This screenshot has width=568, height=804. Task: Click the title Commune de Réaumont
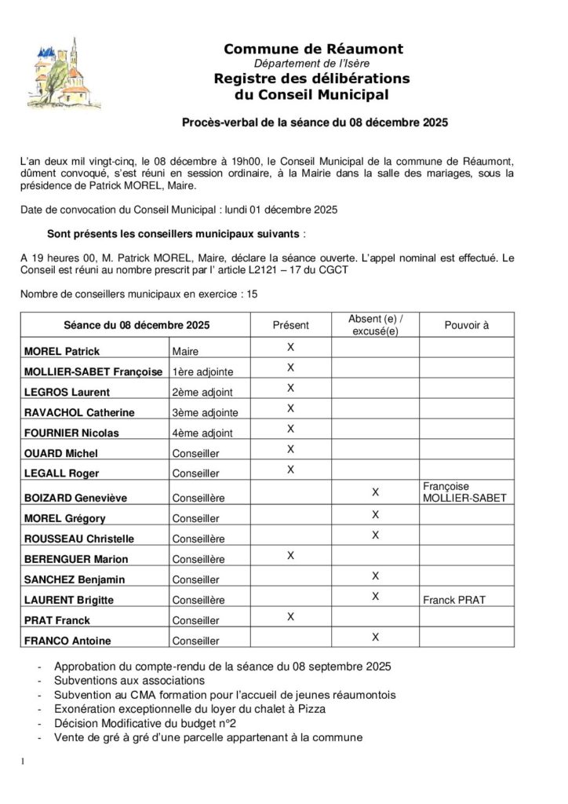[x=313, y=49]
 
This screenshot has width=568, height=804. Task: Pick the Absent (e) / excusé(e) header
[x=376, y=325]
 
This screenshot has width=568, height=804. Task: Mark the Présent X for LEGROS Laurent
[x=290, y=388]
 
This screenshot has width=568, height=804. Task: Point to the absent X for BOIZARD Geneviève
[x=376, y=492]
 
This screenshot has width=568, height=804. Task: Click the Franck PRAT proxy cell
[x=453, y=600]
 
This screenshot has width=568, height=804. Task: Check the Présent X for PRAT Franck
[x=290, y=616]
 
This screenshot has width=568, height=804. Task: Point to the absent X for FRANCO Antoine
[x=376, y=636]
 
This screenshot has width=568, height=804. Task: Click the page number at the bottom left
[x=24, y=762]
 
